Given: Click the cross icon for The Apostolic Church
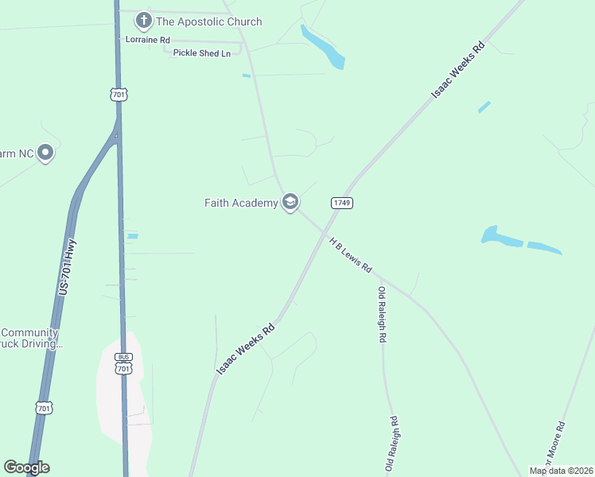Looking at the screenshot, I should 143,21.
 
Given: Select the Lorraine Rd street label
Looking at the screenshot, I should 148,39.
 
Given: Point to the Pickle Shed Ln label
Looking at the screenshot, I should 201,52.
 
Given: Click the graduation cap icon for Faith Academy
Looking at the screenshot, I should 290,203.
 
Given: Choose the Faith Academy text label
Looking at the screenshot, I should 241,203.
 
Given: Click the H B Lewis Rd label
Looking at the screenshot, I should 351,255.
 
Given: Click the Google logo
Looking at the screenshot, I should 26,467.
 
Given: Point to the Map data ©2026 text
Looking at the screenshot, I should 561,471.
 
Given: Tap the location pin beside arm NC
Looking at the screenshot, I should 45,152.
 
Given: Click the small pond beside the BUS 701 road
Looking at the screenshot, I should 132,235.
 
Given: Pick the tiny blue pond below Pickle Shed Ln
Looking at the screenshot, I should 246,76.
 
